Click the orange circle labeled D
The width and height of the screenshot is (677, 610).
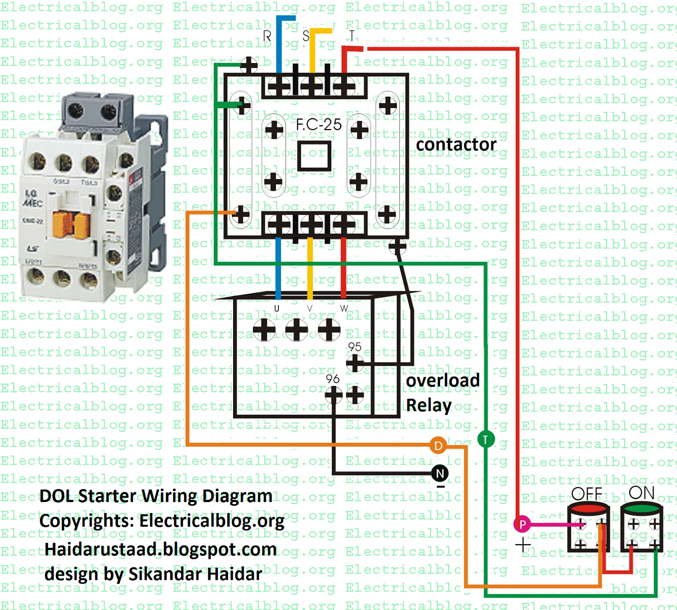(x=438, y=445)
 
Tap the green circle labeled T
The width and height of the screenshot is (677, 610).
(x=486, y=439)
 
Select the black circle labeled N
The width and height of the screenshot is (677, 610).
(x=440, y=473)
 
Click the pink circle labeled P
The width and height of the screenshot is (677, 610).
(x=523, y=525)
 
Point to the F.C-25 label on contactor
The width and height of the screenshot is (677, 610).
(x=319, y=124)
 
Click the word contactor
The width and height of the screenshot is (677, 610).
(x=456, y=145)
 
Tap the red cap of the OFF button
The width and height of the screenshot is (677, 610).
(x=588, y=508)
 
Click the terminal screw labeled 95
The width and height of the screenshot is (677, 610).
(x=355, y=363)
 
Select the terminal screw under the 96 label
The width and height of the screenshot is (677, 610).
(x=333, y=395)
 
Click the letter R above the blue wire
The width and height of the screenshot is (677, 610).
(x=267, y=36)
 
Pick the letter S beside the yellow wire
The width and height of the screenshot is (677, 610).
(x=306, y=36)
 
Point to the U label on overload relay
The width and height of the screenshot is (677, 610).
(x=277, y=309)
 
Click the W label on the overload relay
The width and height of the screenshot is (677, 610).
(x=344, y=309)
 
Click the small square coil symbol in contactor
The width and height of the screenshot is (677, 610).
(x=314, y=156)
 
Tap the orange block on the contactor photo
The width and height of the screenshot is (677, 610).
(x=71, y=224)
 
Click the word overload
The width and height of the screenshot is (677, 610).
(x=443, y=380)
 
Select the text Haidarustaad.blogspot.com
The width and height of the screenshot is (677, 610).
(x=160, y=549)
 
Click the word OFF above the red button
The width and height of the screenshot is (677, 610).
(x=586, y=494)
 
